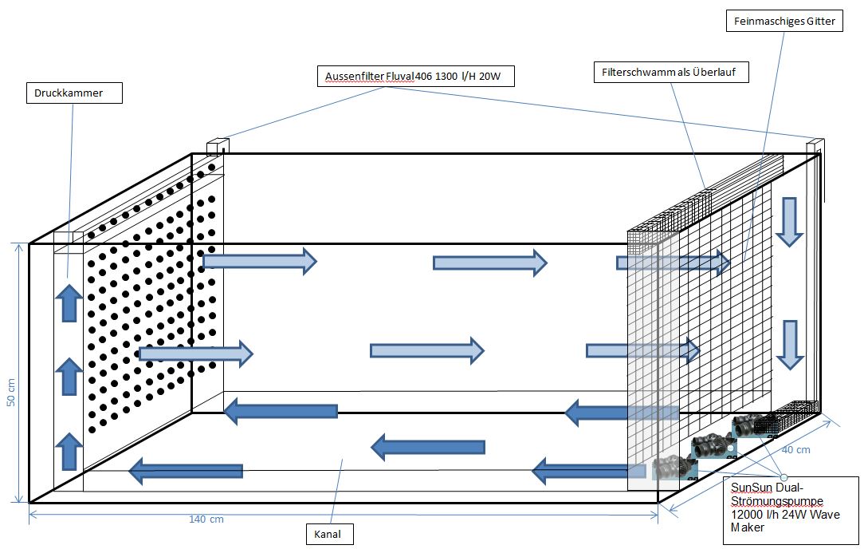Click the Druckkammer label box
pyautogui.click(x=76, y=93)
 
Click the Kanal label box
pyautogui.click(x=330, y=534)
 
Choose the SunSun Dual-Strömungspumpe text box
pyautogui.click(x=790, y=511)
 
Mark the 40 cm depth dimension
pyautogui.click(x=797, y=449)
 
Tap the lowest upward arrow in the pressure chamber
pyautogui.click(x=70, y=451)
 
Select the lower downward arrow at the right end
pyautogui.click(x=788, y=344)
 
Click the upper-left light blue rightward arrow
pyautogui.click(x=259, y=260)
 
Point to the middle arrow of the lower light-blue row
pyautogui.click(x=426, y=350)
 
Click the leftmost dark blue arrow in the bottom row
pyautogui.click(x=186, y=471)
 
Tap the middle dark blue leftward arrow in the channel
pyautogui.click(x=428, y=447)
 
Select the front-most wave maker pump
pyautogui.click(x=666, y=468)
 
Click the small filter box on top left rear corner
pyautogui.click(x=218, y=147)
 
